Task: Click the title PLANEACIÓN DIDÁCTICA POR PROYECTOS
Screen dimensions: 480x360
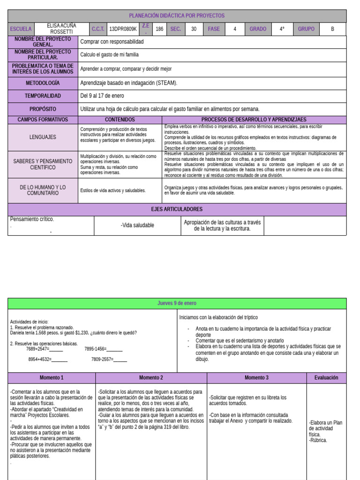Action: click(177, 15)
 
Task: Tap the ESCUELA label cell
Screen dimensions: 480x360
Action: click(21, 29)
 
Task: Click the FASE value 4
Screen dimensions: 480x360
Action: click(234, 29)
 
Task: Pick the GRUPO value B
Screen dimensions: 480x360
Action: click(332, 29)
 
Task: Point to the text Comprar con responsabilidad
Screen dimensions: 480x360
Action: click(112, 42)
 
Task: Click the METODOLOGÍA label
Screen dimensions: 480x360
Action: click(43, 83)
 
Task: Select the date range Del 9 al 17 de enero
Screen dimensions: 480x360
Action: click(102, 96)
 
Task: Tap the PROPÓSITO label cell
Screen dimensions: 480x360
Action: click(43, 109)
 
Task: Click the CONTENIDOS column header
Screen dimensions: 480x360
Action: click(120, 120)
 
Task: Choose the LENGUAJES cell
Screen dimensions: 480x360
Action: click(43, 137)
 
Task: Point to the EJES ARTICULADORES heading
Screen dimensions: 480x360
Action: click(177, 209)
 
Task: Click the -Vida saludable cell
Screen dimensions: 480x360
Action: click(137, 225)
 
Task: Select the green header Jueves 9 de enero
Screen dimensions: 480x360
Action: click(177, 303)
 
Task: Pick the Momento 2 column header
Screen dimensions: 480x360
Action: click(151, 378)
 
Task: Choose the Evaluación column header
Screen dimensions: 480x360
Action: click(326, 378)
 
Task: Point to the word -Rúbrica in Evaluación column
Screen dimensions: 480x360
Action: click(318, 440)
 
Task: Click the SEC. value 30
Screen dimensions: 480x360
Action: click(194, 29)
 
